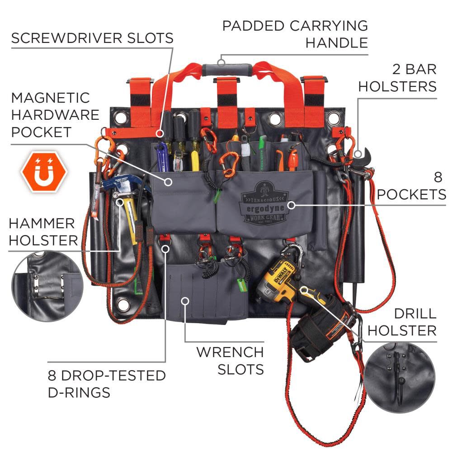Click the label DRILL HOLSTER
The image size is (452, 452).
401,322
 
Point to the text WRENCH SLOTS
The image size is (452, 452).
230,360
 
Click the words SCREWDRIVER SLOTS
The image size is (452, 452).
92,38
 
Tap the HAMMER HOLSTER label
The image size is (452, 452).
43,231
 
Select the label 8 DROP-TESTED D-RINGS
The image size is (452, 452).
106,383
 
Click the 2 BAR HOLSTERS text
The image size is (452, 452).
398,77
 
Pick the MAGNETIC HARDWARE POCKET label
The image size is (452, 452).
55,115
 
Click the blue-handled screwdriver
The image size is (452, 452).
163,154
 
